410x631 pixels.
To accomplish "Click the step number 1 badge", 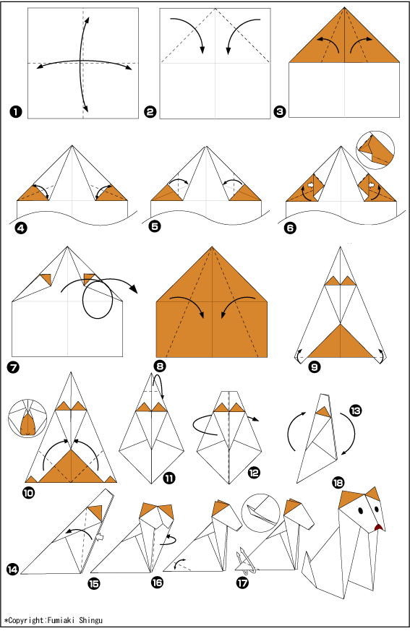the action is coord(16,111).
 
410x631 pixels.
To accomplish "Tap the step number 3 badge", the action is coord(280,111).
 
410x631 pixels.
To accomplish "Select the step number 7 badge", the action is coord(14,367).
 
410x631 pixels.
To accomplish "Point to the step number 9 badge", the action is coord(315,366).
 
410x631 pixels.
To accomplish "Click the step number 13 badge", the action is coord(356,411).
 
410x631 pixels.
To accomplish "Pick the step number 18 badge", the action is coord(338,483).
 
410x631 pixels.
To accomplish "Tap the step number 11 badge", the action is coord(169,478).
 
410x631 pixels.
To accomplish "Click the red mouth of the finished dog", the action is coord(377,527).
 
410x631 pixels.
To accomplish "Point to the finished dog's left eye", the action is coord(360,511).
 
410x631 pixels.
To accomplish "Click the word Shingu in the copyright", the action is coord(90,620).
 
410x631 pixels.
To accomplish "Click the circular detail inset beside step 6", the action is coord(375,150).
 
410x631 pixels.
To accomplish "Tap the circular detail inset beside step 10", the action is coord(27,418).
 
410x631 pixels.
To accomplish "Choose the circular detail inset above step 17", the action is coord(260,513).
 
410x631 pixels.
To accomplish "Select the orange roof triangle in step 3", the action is coord(344,35).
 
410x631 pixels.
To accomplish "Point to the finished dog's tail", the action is coord(311,572).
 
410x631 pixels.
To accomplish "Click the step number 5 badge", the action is coord(155,226).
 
